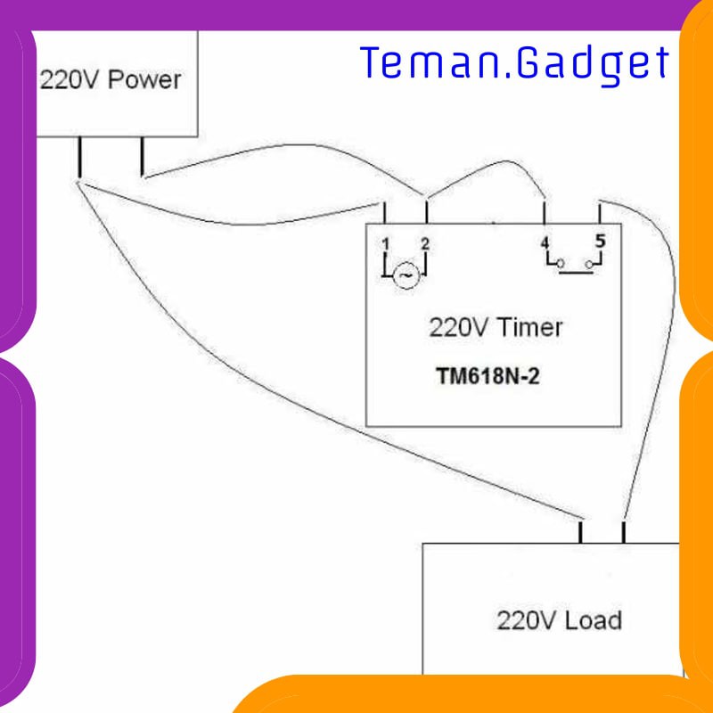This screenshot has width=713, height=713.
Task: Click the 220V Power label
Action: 110,80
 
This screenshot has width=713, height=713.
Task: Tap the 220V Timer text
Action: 496,327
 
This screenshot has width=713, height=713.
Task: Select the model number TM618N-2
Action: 488,376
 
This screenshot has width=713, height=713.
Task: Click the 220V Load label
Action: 559,619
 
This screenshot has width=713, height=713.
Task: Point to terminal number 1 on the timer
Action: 385,243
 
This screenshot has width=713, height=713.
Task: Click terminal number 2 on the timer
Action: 425,243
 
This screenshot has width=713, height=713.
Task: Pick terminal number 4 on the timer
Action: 545,242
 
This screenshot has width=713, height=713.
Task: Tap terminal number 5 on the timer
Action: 600,241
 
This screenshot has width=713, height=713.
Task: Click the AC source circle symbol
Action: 406,276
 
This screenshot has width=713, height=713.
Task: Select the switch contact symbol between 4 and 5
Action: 575,265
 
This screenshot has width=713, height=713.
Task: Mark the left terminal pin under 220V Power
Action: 80,158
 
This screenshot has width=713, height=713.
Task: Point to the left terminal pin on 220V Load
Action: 580,533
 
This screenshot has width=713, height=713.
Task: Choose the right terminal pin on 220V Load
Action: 624,533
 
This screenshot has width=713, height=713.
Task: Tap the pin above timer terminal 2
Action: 426,213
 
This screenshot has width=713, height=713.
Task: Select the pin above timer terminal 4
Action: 545,213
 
